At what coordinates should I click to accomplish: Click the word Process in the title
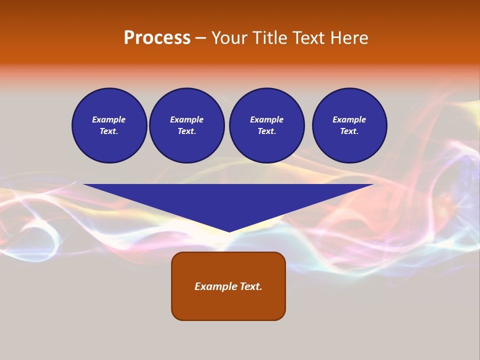click(157, 38)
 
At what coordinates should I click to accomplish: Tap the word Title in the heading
click(269, 38)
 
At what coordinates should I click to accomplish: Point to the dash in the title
click(201, 38)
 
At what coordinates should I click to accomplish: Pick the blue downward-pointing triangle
click(228, 200)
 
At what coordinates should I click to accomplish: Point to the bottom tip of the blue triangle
click(229, 230)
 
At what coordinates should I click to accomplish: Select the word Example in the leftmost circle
click(109, 119)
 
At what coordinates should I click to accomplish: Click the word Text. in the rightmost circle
click(349, 131)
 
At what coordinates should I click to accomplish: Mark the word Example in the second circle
click(186, 119)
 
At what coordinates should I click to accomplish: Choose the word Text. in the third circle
click(266, 131)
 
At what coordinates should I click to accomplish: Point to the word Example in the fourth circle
click(349, 119)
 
